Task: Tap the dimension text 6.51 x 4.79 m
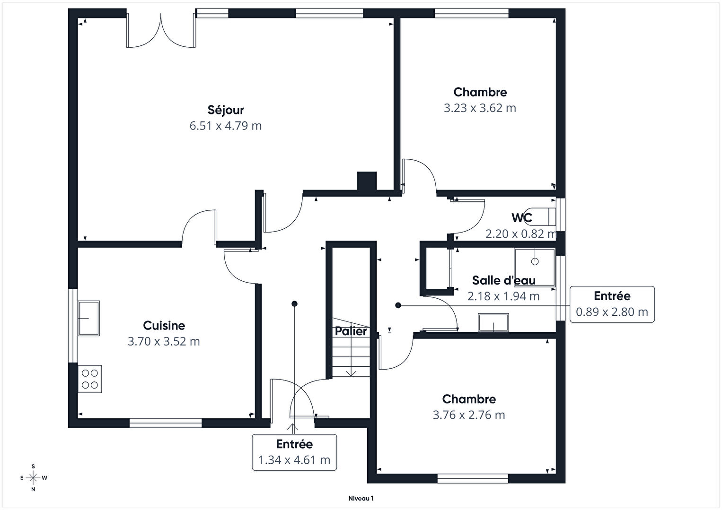point(226,126)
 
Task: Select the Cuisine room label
point(164,326)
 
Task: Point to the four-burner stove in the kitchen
point(90,379)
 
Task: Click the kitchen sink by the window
point(89,319)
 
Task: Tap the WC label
point(522,218)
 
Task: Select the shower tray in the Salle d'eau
point(535,267)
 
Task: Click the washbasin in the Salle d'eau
point(493,322)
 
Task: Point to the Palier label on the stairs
point(351,331)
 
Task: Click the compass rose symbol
point(33,478)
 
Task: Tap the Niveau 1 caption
point(361,498)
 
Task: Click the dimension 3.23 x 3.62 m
point(480,108)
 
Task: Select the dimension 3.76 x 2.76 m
point(469,415)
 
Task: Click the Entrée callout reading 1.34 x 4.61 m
point(294,452)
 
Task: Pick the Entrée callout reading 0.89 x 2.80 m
point(612,304)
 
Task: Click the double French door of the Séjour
point(161,31)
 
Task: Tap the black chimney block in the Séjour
point(367,182)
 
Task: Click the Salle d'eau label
point(504,280)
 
